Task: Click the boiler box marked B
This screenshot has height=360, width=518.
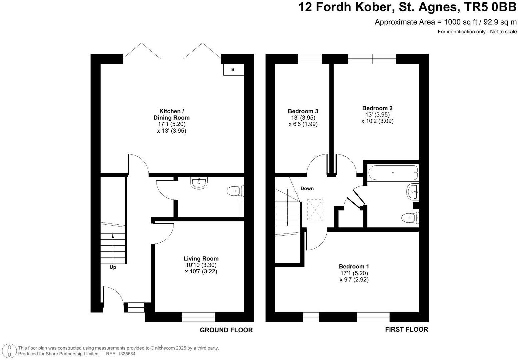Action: [233, 70]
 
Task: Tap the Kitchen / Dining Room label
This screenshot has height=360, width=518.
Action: [171, 114]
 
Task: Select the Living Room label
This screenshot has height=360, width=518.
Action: [201, 259]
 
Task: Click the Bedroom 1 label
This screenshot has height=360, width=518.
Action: [354, 266]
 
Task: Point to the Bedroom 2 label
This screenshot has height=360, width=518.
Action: [377, 108]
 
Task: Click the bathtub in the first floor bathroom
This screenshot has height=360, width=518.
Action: [393, 173]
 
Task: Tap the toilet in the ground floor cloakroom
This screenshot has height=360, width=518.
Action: [234, 191]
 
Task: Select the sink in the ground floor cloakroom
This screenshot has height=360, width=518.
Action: [199, 182]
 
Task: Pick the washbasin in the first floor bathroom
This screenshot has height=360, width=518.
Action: [412, 192]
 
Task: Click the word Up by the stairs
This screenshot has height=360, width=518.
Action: [113, 267]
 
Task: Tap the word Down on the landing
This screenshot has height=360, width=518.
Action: [307, 188]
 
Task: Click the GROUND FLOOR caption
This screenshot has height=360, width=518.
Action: [226, 330]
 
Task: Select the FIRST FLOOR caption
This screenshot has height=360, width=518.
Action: [406, 329]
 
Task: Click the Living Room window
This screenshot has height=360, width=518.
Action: [198, 317]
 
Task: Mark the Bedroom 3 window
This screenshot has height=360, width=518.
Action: [310, 59]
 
